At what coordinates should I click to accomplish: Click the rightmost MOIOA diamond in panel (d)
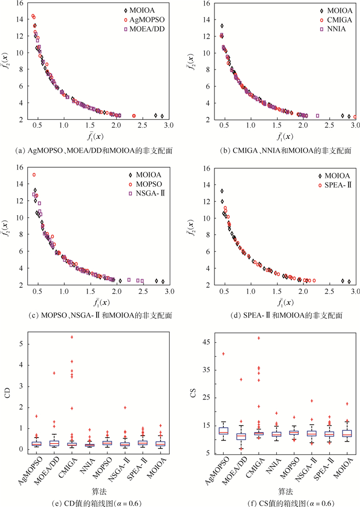[x=349, y=282]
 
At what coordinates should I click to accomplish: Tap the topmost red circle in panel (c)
[x=34, y=175]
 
